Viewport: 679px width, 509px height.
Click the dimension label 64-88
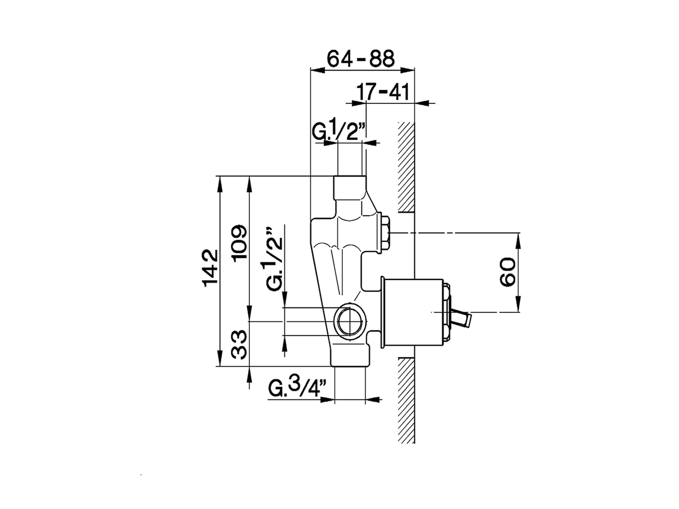pyautogui.click(x=361, y=58)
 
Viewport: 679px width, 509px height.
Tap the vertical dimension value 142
pyautogui.click(x=210, y=268)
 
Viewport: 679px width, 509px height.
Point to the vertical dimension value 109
pyautogui.click(x=240, y=243)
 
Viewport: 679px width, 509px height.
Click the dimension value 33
pyautogui.click(x=240, y=344)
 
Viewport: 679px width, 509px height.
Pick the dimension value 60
pyautogui.click(x=508, y=272)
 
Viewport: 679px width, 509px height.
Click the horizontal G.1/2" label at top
pyautogui.click(x=338, y=131)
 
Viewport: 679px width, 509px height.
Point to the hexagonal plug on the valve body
pyautogui.click(x=386, y=232)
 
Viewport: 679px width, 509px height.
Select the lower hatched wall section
pyautogui.click(x=406, y=400)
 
